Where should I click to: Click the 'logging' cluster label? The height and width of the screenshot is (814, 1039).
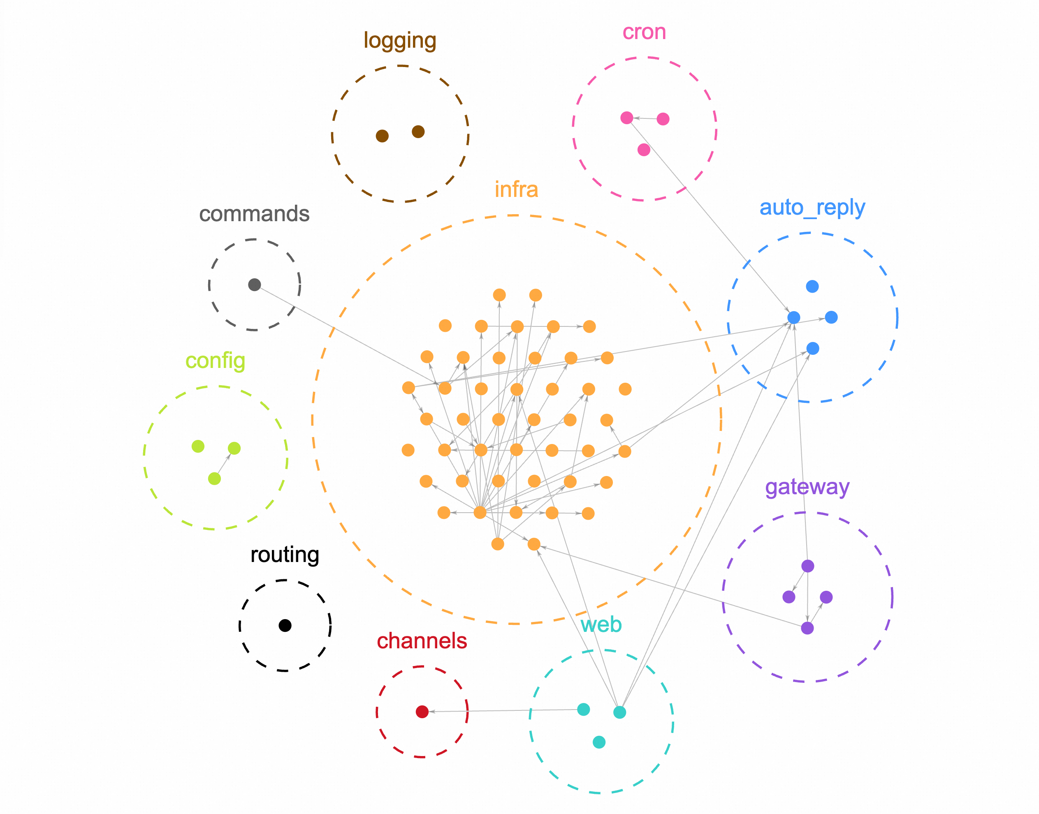pos(399,41)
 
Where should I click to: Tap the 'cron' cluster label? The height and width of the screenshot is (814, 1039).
pos(644,32)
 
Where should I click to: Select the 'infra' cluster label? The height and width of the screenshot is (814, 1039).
pos(516,190)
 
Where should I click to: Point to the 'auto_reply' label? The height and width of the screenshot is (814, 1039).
pos(812,208)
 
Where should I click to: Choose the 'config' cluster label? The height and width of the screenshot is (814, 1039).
pos(215,361)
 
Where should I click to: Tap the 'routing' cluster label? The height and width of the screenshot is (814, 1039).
pos(285,555)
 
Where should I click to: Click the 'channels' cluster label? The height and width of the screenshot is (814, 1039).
pos(422,641)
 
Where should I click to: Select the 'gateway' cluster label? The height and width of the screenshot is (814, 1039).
pos(807,487)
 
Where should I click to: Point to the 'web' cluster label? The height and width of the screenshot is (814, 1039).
pos(601,624)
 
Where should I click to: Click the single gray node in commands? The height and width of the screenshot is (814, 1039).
pos(255,285)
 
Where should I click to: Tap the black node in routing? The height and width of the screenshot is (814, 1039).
pos(285,625)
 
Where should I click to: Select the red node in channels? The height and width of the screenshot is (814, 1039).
pos(422,712)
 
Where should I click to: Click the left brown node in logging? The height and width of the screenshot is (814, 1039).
pos(382,136)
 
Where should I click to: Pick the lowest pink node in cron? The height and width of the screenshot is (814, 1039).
pos(644,150)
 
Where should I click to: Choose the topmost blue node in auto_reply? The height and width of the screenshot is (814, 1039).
pos(812,287)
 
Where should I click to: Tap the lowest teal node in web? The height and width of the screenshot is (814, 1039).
pos(599,742)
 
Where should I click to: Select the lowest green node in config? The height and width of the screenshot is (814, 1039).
pos(215,479)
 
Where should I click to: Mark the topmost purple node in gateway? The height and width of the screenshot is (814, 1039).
pos(807,566)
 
